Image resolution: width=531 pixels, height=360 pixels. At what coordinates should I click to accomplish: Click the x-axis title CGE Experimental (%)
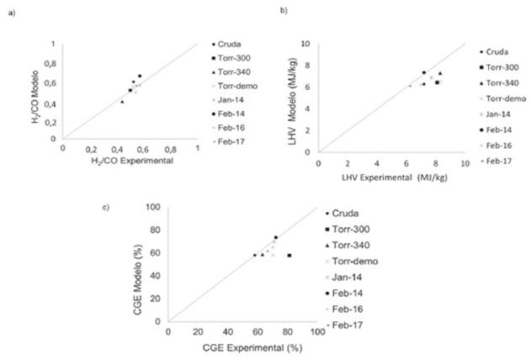(242, 346)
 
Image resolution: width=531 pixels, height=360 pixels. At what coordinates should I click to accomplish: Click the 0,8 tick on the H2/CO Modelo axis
(52, 63)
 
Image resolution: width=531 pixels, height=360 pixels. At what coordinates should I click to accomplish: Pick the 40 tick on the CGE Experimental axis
(227, 332)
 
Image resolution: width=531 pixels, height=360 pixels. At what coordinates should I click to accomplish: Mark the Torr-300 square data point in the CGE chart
(289, 255)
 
